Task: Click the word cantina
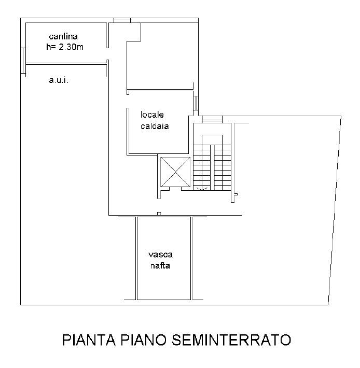(x=63, y=36)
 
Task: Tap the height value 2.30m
(x=71, y=47)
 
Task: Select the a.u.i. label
(x=59, y=80)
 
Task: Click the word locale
(x=152, y=115)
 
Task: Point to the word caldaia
(x=155, y=126)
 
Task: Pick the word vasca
(x=160, y=254)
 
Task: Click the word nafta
(x=160, y=265)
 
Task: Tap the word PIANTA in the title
(x=89, y=339)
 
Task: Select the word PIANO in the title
(x=144, y=339)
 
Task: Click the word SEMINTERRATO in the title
(x=231, y=339)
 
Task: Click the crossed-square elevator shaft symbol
(x=175, y=172)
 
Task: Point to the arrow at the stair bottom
(x=202, y=189)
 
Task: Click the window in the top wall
(x=122, y=20)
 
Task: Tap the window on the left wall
(x=23, y=61)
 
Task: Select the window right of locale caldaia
(x=196, y=103)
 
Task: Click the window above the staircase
(x=212, y=119)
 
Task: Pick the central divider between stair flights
(x=212, y=167)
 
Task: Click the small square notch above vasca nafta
(x=159, y=214)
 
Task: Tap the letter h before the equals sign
(x=48, y=47)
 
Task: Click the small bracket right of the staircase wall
(x=236, y=194)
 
